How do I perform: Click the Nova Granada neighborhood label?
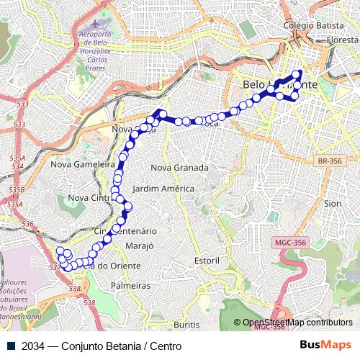179,168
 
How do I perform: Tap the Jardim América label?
163,189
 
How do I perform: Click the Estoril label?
207,259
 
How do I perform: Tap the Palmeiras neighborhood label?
131,286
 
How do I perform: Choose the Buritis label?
186,325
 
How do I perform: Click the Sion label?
333,204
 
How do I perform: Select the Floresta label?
342,41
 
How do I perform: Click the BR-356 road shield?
330,161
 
